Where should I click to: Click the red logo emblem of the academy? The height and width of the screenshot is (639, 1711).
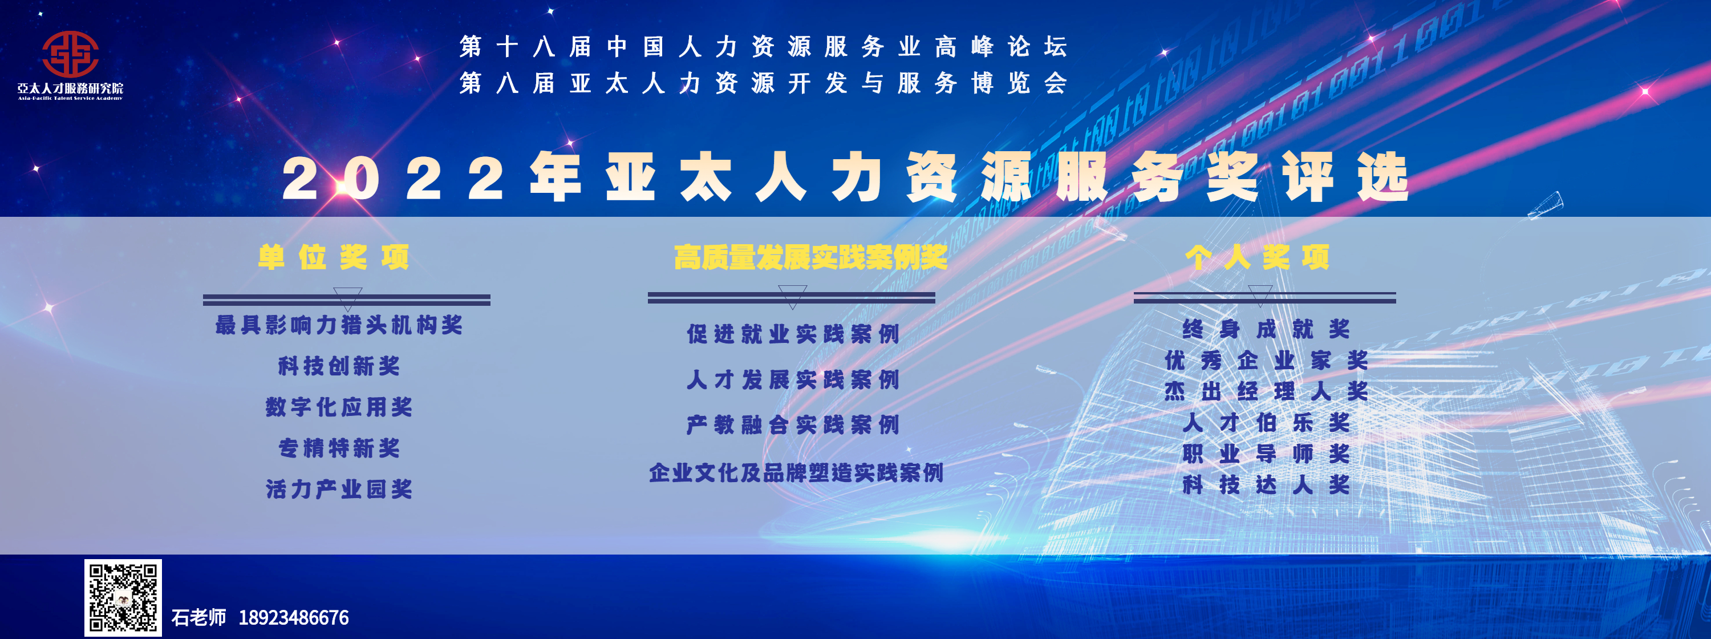pyautogui.click(x=70, y=54)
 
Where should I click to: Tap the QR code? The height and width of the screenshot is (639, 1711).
pyautogui.click(x=123, y=597)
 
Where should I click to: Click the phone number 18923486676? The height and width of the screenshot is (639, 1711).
pyautogui.click(x=294, y=618)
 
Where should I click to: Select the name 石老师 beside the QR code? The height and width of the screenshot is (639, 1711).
pyautogui.click(x=198, y=618)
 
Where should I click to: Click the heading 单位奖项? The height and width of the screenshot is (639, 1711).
pyautogui.click(x=334, y=257)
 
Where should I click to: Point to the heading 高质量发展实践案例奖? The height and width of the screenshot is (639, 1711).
pyautogui.click(x=811, y=257)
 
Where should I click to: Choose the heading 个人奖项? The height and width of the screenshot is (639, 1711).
pyautogui.click(x=1258, y=257)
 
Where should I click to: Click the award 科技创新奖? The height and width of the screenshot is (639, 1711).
pyautogui.click(x=339, y=366)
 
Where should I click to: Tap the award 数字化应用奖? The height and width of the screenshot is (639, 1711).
pyautogui.click(x=339, y=407)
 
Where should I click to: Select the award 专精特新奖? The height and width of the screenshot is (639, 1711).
pyautogui.click(x=339, y=448)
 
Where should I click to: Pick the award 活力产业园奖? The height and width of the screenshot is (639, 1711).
pyautogui.click(x=339, y=489)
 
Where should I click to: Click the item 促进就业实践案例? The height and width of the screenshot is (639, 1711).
pyautogui.click(x=793, y=333)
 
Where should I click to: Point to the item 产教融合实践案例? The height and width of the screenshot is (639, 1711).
pyautogui.click(x=793, y=424)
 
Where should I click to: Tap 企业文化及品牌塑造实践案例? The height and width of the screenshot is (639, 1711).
pyautogui.click(x=796, y=472)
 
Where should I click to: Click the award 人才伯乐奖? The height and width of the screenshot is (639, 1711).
pyautogui.click(x=1266, y=422)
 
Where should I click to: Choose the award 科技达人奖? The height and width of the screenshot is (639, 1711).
pyautogui.click(x=1266, y=485)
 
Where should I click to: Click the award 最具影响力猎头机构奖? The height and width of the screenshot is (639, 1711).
pyautogui.click(x=339, y=325)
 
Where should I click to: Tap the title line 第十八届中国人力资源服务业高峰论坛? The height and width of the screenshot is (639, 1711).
pyautogui.click(x=763, y=46)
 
